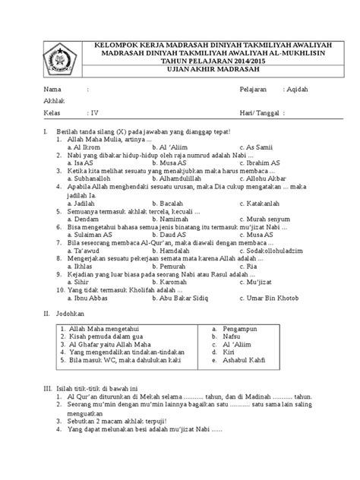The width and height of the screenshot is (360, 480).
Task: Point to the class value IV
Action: tap(94, 113)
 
